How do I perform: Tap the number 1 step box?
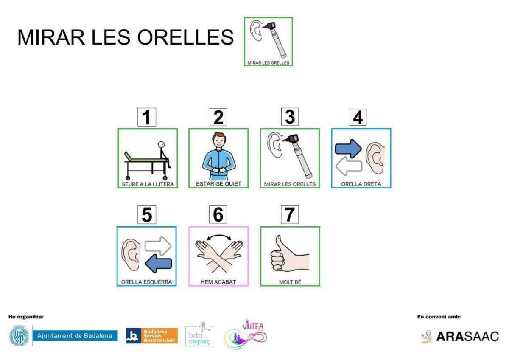tap(147, 117)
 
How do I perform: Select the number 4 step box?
tap(358, 117)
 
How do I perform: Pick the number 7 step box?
tap(290, 215)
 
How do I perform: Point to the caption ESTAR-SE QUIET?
tap(218, 184)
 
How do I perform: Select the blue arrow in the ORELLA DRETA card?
tap(348, 148)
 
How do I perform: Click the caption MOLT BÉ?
tap(290, 282)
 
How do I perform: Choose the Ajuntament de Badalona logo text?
tap(75, 336)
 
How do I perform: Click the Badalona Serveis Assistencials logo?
tap(151, 335)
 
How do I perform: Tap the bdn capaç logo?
tap(199, 335)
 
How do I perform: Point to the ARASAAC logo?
tap(460, 336)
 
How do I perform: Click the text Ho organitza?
tap(26, 317)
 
